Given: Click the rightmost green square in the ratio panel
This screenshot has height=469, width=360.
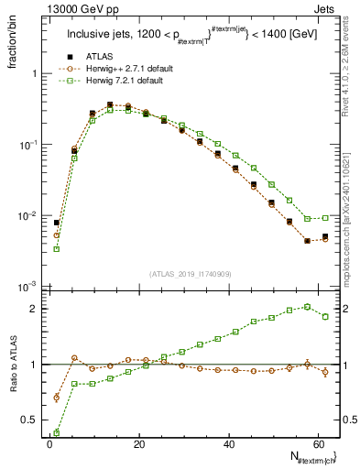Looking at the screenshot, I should click(x=325, y=317).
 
